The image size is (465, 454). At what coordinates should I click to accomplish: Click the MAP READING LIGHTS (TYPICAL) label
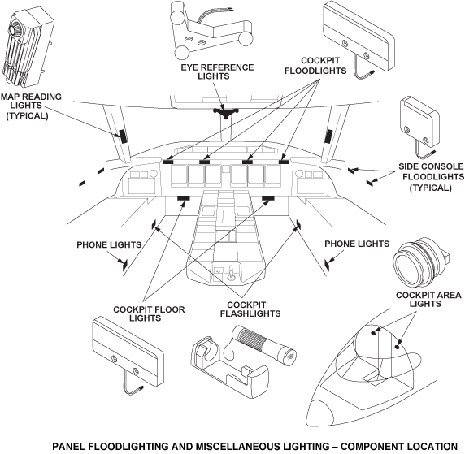click(31, 106)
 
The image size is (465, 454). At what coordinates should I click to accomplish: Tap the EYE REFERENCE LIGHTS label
click(217, 71)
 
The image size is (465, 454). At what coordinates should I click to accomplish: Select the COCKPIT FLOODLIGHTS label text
click(315, 66)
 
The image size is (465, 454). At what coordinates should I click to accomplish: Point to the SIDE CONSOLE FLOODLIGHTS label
click(431, 177)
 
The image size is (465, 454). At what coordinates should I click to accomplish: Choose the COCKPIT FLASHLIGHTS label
click(250, 309)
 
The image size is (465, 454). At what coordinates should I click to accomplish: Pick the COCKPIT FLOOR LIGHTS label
click(149, 313)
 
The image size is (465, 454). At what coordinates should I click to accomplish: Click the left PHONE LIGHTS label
click(109, 244)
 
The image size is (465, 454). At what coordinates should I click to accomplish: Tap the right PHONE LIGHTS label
click(357, 244)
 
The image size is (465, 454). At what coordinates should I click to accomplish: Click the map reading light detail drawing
click(28, 46)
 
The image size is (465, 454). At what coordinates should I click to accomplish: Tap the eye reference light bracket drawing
click(211, 30)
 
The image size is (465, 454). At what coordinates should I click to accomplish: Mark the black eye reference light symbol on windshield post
click(226, 112)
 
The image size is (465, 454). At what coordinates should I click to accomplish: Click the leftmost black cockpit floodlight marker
click(167, 162)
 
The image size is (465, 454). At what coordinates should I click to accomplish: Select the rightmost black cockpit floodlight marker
click(284, 162)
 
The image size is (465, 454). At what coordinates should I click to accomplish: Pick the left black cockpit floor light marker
click(184, 198)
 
